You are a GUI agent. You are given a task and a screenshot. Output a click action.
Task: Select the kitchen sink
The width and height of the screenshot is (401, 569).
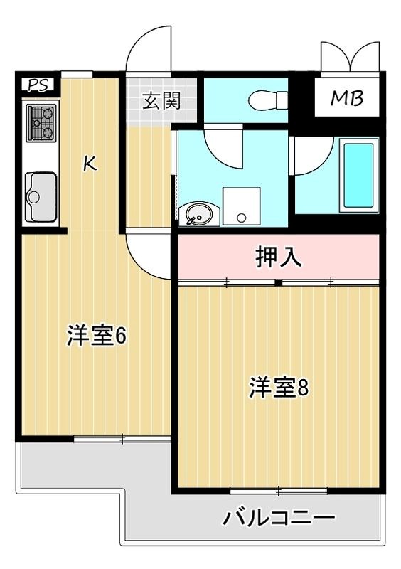(x=42, y=195)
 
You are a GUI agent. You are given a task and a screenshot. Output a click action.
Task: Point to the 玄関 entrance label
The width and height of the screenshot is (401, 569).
(x=161, y=100)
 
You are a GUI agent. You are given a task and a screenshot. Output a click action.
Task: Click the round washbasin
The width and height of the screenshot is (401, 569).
(x=197, y=213)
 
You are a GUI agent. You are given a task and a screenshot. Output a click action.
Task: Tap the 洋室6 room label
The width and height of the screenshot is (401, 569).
(x=97, y=336)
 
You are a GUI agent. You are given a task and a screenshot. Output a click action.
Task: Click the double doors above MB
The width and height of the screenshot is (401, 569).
(x=350, y=56)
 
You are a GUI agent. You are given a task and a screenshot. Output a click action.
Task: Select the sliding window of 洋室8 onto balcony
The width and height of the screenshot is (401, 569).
(x=279, y=490)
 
